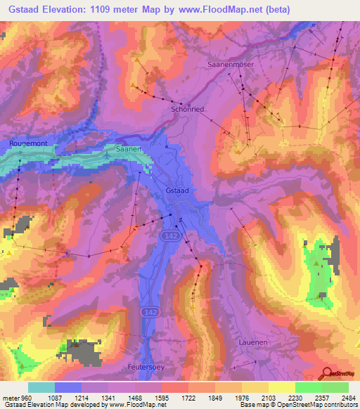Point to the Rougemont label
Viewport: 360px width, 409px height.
click(28, 143)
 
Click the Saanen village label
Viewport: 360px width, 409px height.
click(129, 150)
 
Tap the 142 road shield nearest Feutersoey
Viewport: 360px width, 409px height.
click(148, 311)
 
